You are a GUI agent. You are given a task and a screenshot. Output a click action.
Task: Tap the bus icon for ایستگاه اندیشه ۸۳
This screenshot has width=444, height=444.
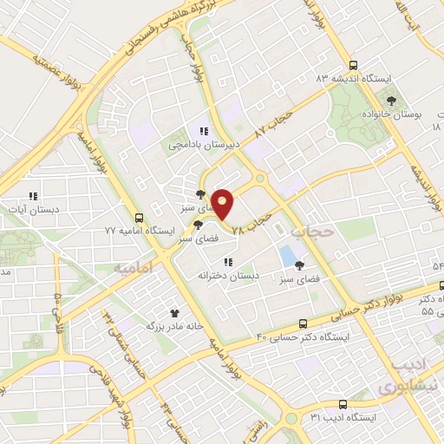pos(352,65)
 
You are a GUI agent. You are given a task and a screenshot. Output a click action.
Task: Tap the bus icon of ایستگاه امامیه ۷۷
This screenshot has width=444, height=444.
pos(140,218)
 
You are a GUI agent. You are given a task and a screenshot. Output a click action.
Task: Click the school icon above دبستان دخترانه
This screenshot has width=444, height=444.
pos(228,261)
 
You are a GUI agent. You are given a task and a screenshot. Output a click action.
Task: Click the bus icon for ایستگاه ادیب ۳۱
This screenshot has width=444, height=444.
pos(343,404)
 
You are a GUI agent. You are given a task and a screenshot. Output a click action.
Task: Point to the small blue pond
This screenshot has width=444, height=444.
pos(286,256)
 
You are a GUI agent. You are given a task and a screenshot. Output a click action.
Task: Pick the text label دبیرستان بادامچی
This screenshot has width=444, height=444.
pos(201,146)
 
